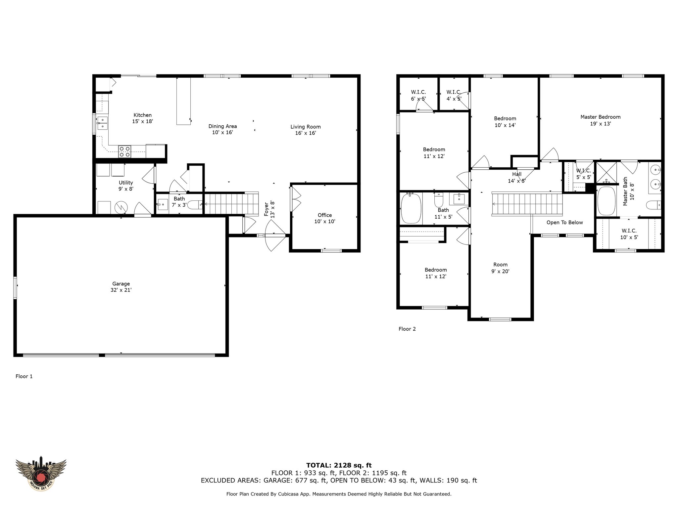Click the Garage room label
[121, 284]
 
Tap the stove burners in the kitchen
[124, 151]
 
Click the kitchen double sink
[102, 123]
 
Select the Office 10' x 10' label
[324, 218]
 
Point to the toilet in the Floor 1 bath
[195, 205]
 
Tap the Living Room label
[305, 127]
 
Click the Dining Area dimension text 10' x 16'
[222, 133]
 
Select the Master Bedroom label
[600, 117]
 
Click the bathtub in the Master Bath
[606, 201]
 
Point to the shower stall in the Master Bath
[606, 171]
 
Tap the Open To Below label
[564, 223]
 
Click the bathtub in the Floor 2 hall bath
[411, 208]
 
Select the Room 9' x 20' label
[500, 268]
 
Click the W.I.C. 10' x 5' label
[629, 234]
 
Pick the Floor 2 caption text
[407, 329]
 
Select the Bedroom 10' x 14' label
[505, 122]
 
